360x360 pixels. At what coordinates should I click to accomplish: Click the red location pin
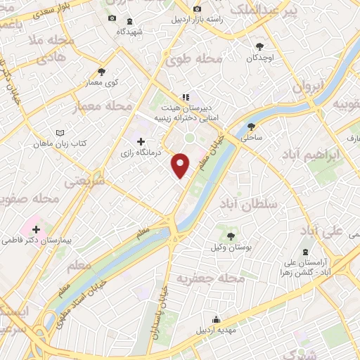pyautogui.click(x=181, y=165)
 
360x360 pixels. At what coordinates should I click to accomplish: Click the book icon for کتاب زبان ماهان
pyautogui.click(x=60, y=133)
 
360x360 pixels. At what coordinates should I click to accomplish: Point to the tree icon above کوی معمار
pyautogui.click(x=102, y=71)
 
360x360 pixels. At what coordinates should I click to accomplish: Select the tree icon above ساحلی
pyautogui.click(x=251, y=127)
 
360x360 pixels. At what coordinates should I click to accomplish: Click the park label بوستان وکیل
pyautogui.click(x=229, y=247)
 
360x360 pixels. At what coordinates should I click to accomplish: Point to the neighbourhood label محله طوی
pyautogui.click(x=193, y=60)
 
